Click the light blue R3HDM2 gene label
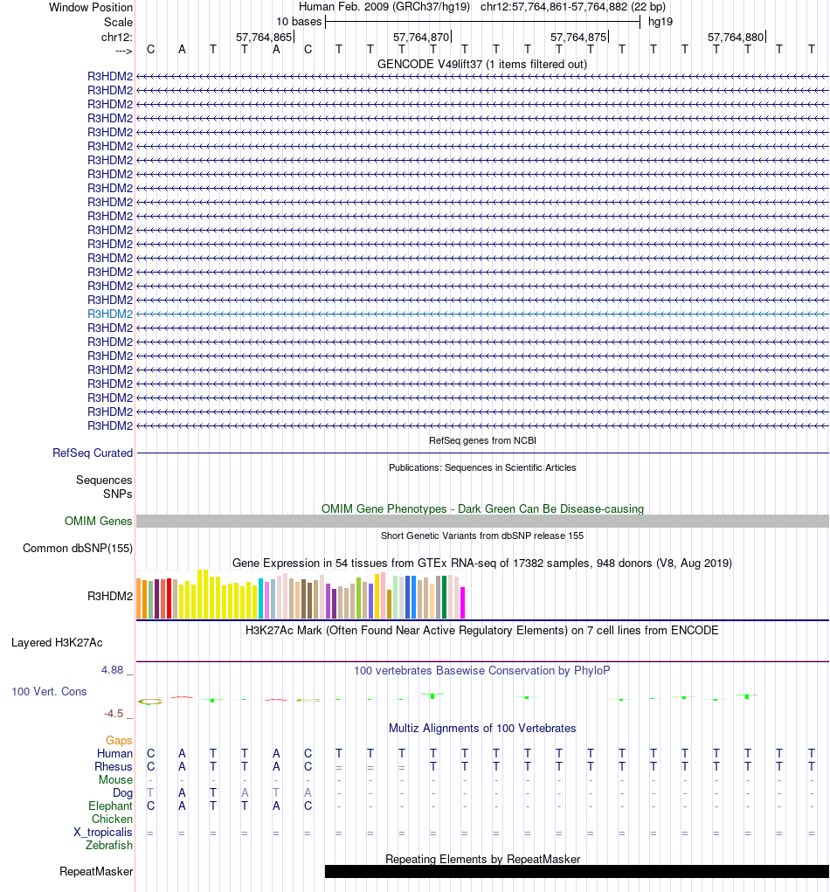(110, 314)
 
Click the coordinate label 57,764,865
(264, 37)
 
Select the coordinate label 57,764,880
(736, 37)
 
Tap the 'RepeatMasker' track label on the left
(96, 871)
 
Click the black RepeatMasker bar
(577, 871)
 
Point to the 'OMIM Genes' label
(99, 521)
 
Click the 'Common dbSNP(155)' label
(77, 549)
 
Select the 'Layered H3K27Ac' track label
(57, 642)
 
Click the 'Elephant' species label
(110, 806)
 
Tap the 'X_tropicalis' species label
(103, 832)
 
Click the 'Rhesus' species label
(114, 766)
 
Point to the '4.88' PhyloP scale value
(116, 670)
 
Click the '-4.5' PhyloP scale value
(118, 713)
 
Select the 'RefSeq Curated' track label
(93, 453)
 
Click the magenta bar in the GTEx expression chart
(463, 603)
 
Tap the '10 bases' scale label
(299, 21)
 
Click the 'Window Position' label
(91, 7)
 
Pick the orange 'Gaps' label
(119, 740)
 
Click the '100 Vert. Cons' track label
(49, 691)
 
